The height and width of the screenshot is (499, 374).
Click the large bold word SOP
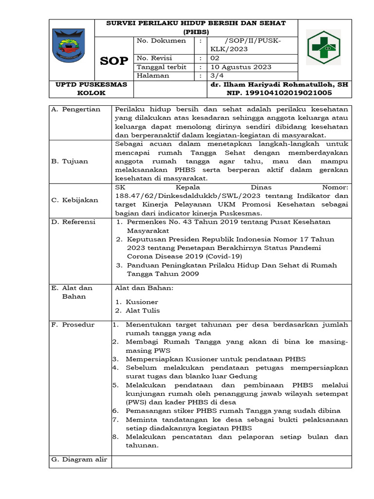114,61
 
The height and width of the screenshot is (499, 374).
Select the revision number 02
215,58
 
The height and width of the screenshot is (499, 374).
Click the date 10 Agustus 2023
241,67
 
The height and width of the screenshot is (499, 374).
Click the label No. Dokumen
161,40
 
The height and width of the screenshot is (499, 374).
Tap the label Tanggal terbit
162,67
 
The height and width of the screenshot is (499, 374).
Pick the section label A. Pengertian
76,109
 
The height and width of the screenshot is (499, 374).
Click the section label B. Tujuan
70,161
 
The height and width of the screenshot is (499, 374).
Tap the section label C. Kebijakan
75,200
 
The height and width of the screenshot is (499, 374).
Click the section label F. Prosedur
74,325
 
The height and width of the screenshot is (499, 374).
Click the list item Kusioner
142,302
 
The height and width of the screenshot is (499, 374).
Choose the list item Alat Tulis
143,310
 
